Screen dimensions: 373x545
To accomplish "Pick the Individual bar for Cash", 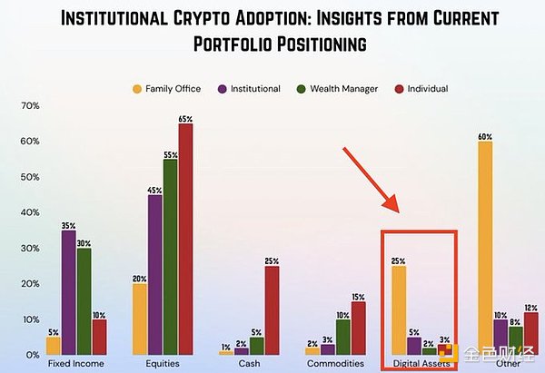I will point(272,309).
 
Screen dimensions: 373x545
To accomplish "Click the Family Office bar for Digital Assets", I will point(399,309).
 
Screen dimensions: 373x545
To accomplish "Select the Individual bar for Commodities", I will point(360,327).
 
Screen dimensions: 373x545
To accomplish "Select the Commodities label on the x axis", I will point(337,364).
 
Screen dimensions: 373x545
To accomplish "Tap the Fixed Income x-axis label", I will point(75,364).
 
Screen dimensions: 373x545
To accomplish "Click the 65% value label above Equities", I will point(185,117).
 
